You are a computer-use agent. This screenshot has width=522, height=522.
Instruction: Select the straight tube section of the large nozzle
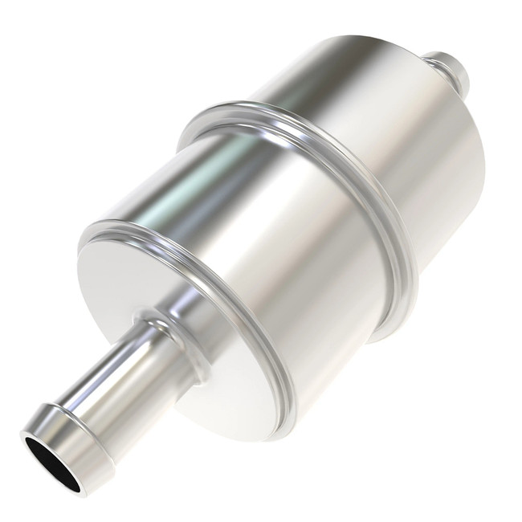pyautogui.click(x=120, y=377)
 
